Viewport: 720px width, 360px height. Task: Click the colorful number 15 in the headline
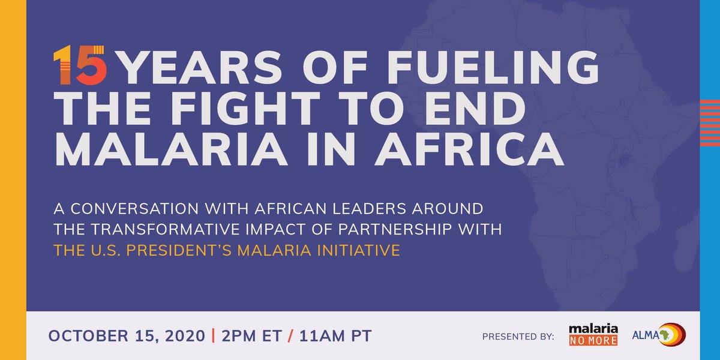pos(80,65)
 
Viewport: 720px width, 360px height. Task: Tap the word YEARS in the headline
pos(201,67)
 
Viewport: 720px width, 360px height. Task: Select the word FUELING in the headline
pos(493,67)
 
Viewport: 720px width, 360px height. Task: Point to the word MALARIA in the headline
pos(171,149)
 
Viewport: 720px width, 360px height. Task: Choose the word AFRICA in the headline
pos(470,149)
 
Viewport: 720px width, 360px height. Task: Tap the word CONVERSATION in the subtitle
pos(134,209)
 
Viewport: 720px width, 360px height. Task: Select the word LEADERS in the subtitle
pos(370,209)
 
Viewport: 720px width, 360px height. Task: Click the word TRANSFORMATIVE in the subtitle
pos(166,229)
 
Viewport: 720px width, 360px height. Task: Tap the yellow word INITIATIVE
pos(359,250)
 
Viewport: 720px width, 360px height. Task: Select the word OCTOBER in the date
pos(89,336)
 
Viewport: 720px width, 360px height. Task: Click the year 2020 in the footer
pos(185,336)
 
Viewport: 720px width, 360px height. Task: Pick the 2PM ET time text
pos(251,336)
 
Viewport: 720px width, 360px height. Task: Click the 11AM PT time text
pos(335,336)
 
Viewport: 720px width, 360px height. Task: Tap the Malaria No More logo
pos(593,335)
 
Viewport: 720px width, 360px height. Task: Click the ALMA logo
pos(659,335)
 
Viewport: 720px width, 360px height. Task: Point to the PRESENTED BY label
pos(518,337)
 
